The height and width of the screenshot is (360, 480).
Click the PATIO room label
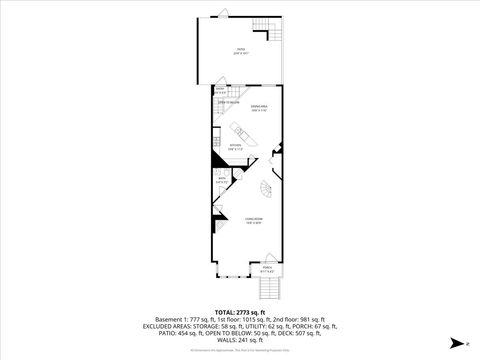coord(240,49)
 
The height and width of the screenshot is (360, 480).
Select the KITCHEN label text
coord(235,147)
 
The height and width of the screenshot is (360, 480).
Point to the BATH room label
coord(221,181)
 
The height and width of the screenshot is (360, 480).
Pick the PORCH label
coord(267,268)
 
